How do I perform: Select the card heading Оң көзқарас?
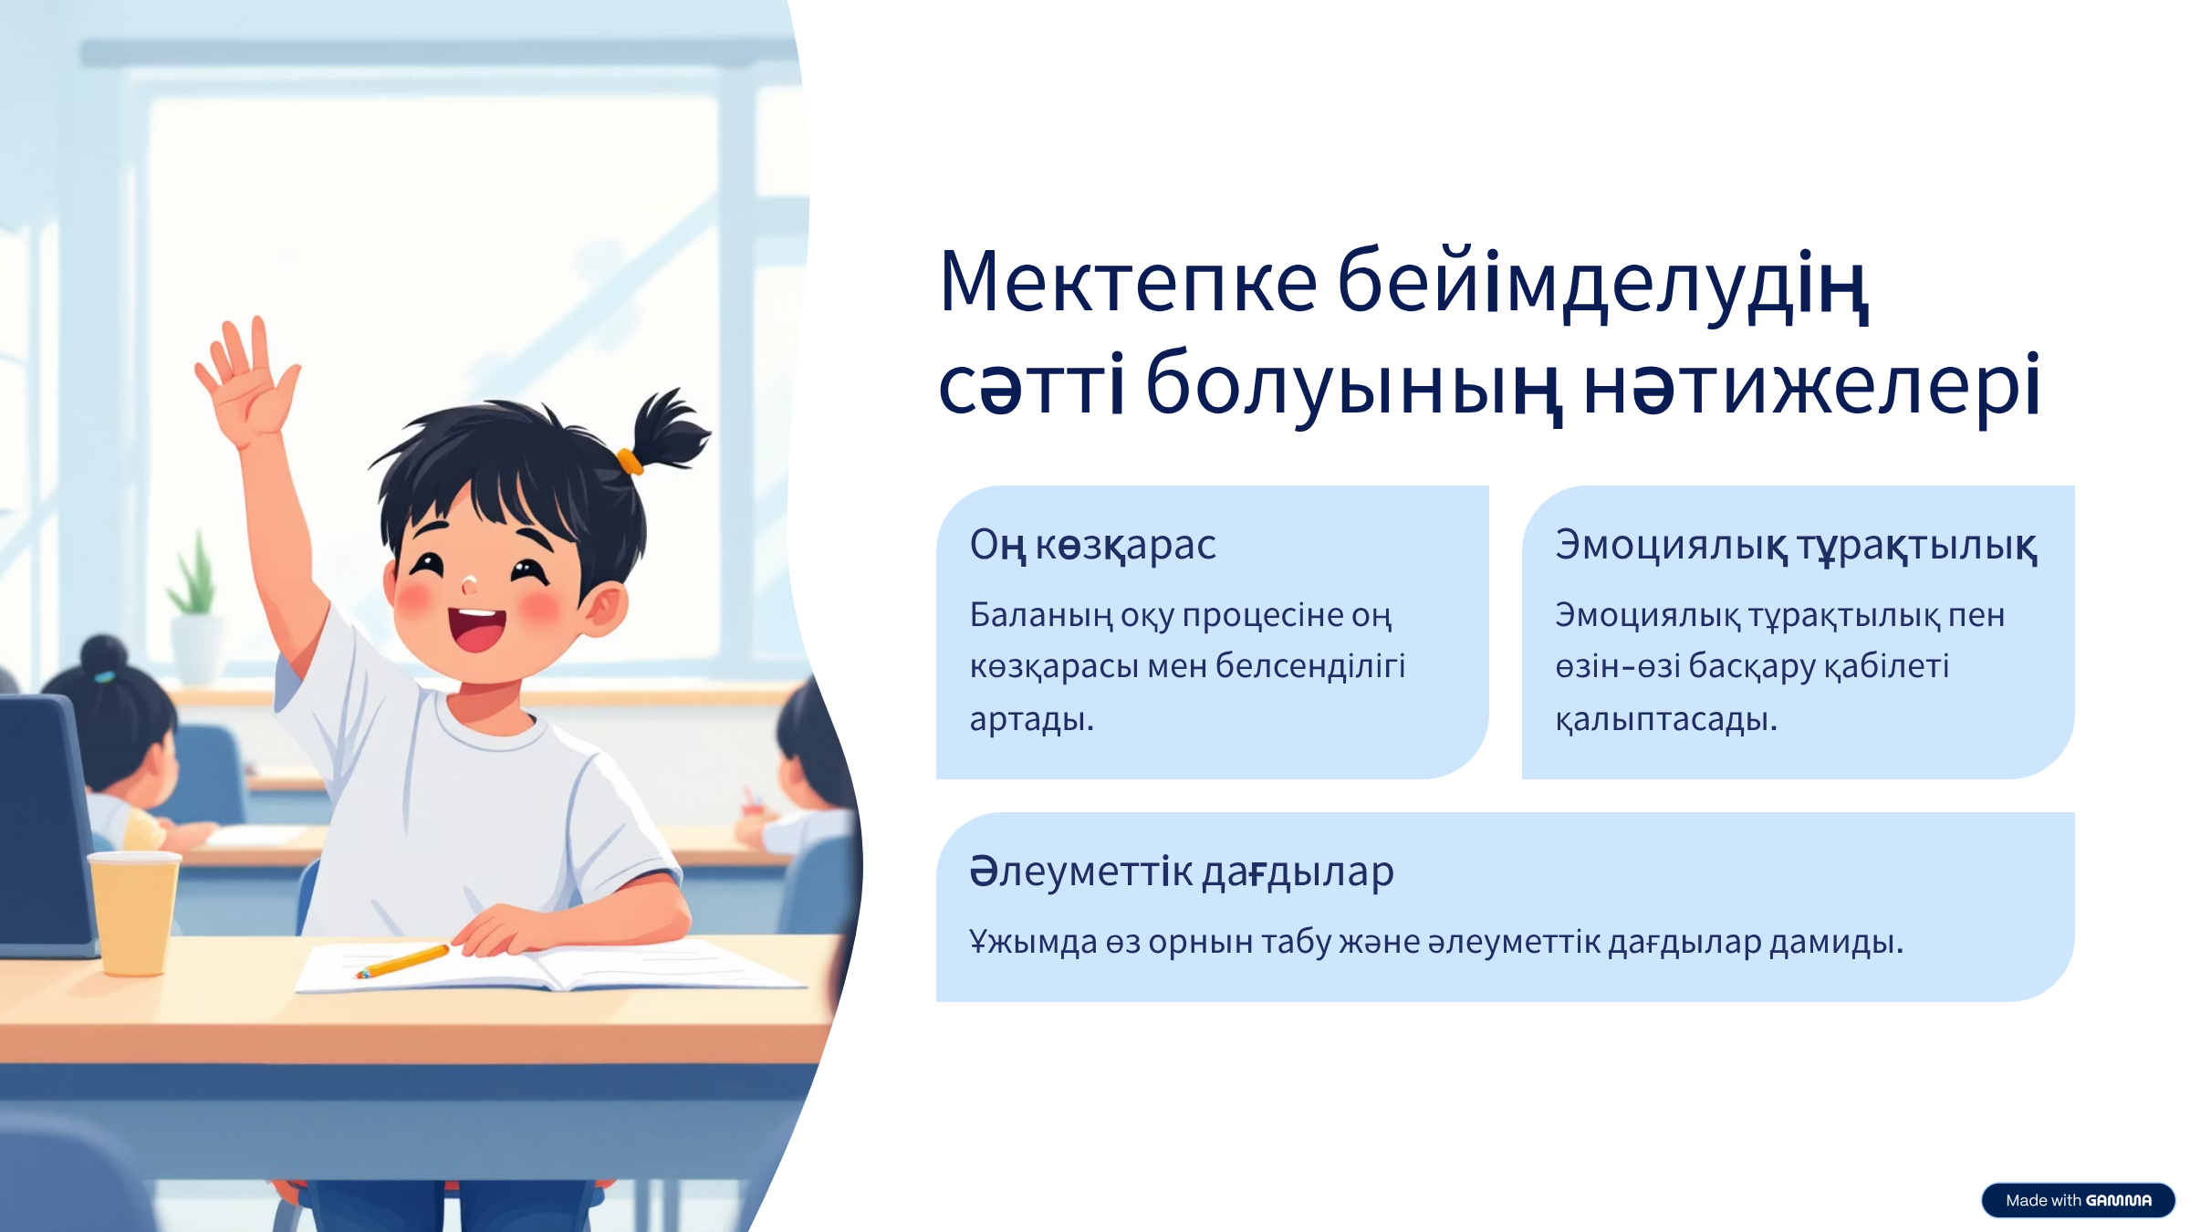click(x=1092, y=545)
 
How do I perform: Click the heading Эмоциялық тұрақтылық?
click(x=1796, y=545)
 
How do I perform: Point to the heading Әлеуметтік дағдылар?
click(x=1182, y=872)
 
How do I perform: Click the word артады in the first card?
click(x=1031, y=719)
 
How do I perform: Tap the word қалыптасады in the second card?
click(x=1666, y=719)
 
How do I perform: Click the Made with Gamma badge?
click(x=2078, y=1200)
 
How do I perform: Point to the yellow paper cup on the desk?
click(x=134, y=913)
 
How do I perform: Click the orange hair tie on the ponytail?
click(x=629, y=461)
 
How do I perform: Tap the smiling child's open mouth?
click(x=476, y=628)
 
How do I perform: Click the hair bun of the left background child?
click(x=104, y=654)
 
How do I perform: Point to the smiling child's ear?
click(x=603, y=610)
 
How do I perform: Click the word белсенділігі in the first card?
click(x=1310, y=667)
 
